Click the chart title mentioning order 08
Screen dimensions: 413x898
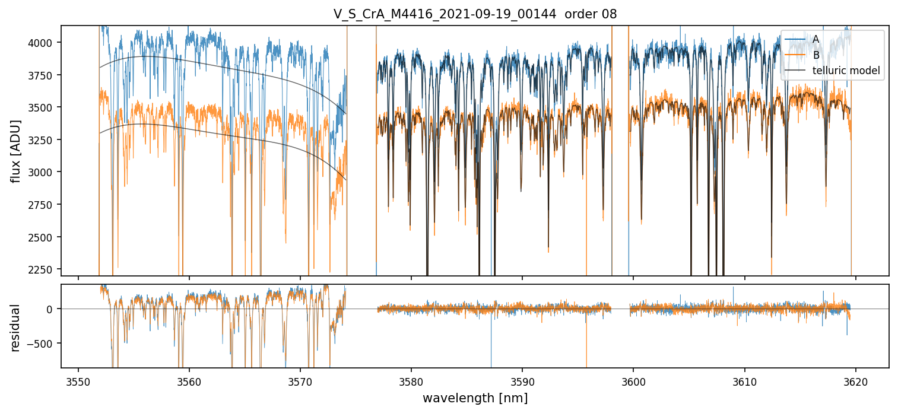(x=475, y=14)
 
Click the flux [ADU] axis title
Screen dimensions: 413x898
(x=17, y=151)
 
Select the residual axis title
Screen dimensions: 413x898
(x=17, y=328)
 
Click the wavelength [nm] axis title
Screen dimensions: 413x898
(x=475, y=398)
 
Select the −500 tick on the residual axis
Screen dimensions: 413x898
(x=42, y=343)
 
